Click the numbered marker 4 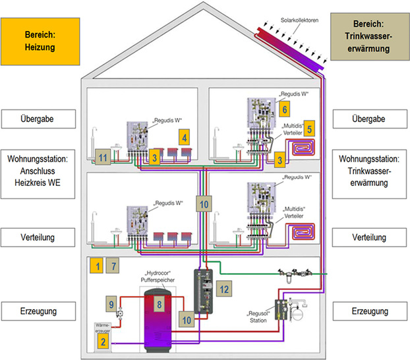point(185,138)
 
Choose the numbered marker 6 point(284,109)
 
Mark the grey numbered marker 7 point(113,266)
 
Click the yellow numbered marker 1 point(96,266)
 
